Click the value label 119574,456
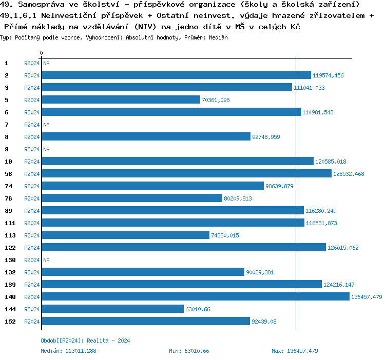pos(328,75)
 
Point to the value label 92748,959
pos(266,137)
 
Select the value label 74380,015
pos(225,235)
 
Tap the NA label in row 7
pos(46,125)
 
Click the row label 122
pos(9,248)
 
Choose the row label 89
pos(9,211)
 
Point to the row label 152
pos(9,322)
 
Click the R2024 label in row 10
pos(32,162)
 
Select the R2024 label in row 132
pos(32,272)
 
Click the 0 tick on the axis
pos(41,53)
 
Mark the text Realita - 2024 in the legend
pos(108,341)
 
